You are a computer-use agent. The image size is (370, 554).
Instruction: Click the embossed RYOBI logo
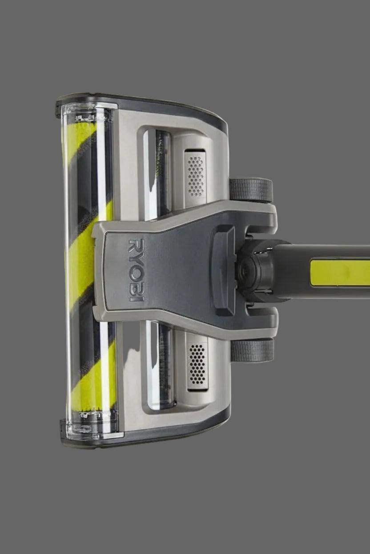click(136, 270)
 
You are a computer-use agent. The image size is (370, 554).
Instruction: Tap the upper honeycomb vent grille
click(196, 176)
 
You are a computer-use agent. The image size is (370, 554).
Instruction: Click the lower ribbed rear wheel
click(252, 351)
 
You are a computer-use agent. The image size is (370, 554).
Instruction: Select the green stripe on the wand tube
click(340, 272)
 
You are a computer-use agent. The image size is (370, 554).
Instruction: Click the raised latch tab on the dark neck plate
click(225, 270)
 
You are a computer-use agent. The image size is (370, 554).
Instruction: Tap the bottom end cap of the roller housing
click(92, 426)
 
